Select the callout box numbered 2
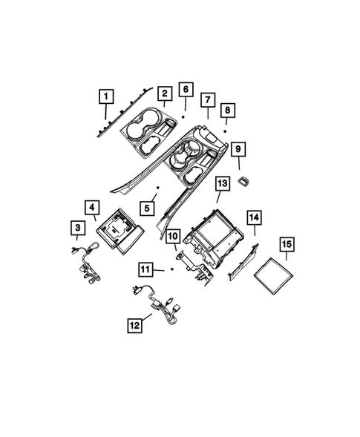tap(163, 93)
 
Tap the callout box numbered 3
tap(77, 227)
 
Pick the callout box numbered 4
tap(92, 208)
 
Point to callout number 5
tap(148, 208)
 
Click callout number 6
tap(186, 91)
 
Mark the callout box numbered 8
tap(229, 110)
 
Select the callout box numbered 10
tap(171, 237)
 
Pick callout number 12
tap(134, 323)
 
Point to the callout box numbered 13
tap(221, 183)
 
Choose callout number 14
tap(254, 217)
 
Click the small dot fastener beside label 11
tap(171, 269)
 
